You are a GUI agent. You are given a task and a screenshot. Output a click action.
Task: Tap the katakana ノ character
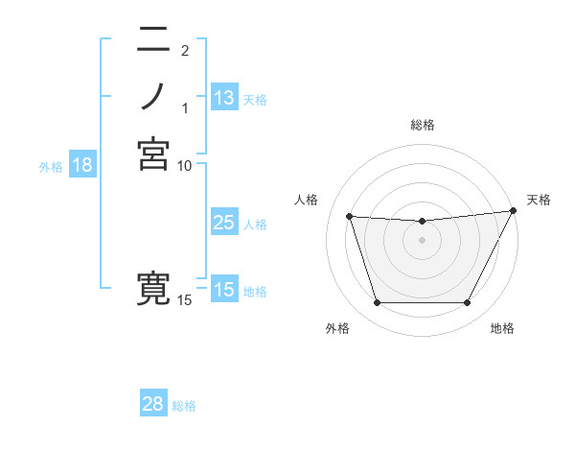153,96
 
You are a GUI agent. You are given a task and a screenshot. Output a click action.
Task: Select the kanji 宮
153,154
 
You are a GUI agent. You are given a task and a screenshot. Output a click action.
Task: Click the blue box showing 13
224,98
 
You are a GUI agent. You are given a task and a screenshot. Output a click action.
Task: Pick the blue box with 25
224,223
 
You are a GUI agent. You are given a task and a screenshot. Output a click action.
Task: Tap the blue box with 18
82,165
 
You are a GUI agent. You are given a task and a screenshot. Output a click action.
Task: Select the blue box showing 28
153,404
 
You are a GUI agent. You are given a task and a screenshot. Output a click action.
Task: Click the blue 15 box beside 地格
224,290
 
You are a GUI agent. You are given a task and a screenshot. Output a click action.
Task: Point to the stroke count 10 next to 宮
185,165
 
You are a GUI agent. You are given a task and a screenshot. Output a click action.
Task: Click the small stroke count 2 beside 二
185,50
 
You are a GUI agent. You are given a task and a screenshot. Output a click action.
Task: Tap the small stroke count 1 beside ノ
185,107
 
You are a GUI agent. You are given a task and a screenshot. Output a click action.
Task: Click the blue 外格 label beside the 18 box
51,166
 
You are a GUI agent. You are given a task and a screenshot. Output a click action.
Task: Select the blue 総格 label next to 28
184,406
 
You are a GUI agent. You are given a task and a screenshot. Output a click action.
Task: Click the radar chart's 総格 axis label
422,125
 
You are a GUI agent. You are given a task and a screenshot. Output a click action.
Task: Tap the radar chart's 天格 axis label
539,200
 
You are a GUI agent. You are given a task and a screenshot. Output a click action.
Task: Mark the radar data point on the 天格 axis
513,211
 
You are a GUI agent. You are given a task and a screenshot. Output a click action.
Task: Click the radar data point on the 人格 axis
349,217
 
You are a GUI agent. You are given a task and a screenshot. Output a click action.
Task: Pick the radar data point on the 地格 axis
468,303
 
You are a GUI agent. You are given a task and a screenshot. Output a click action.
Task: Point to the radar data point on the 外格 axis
377,303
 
